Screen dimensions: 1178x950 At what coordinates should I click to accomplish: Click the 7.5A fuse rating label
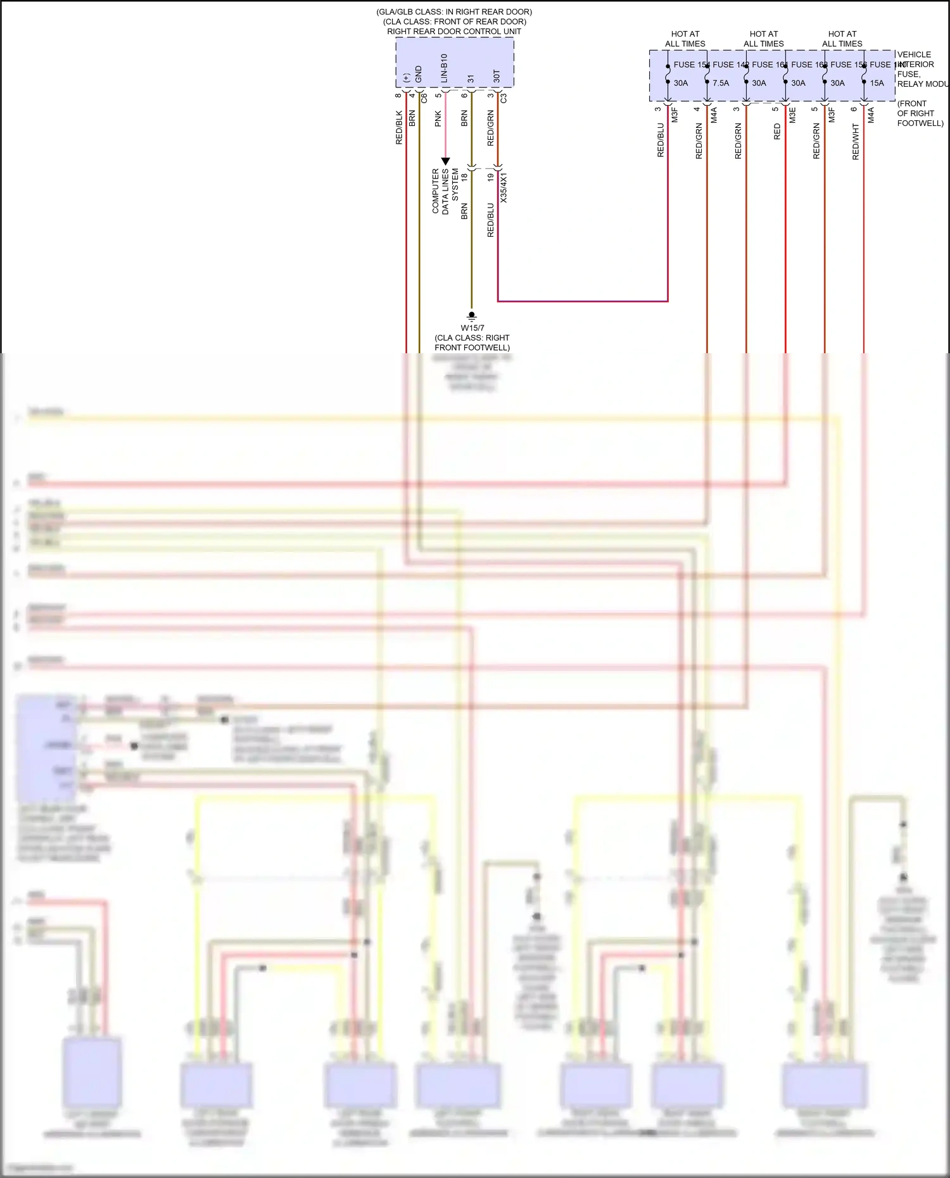[721, 83]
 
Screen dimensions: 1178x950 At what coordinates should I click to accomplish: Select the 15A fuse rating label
[877, 83]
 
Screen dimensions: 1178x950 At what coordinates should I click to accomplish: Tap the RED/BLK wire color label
[399, 127]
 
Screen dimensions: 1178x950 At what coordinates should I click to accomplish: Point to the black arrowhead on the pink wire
[445, 161]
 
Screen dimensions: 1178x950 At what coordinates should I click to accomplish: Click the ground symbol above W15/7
[471, 316]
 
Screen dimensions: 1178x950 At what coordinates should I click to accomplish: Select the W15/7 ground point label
[472, 328]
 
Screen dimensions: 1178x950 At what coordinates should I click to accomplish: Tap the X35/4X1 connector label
[504, 188]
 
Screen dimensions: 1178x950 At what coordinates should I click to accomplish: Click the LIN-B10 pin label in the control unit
[444, 68]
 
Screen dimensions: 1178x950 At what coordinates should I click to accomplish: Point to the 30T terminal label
[497, 76]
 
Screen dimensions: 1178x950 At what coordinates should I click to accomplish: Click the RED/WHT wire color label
[856, 141]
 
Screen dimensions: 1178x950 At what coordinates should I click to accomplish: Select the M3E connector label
[792, 115]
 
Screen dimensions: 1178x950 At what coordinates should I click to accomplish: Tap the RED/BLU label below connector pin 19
[491, 220]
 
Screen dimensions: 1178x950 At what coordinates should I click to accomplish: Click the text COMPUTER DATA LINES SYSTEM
[445, 191]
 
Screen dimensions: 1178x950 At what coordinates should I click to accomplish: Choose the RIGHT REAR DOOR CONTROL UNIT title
[454, 31]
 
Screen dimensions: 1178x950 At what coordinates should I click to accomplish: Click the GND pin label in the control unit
[419, 74]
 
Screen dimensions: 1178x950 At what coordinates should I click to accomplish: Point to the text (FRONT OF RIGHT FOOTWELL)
[920, 113]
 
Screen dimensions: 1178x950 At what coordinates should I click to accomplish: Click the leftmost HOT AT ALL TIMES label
[685, 39]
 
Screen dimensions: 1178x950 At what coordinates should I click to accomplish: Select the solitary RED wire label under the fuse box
[777, 132]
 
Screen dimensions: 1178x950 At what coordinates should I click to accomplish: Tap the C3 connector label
[504, 98]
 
